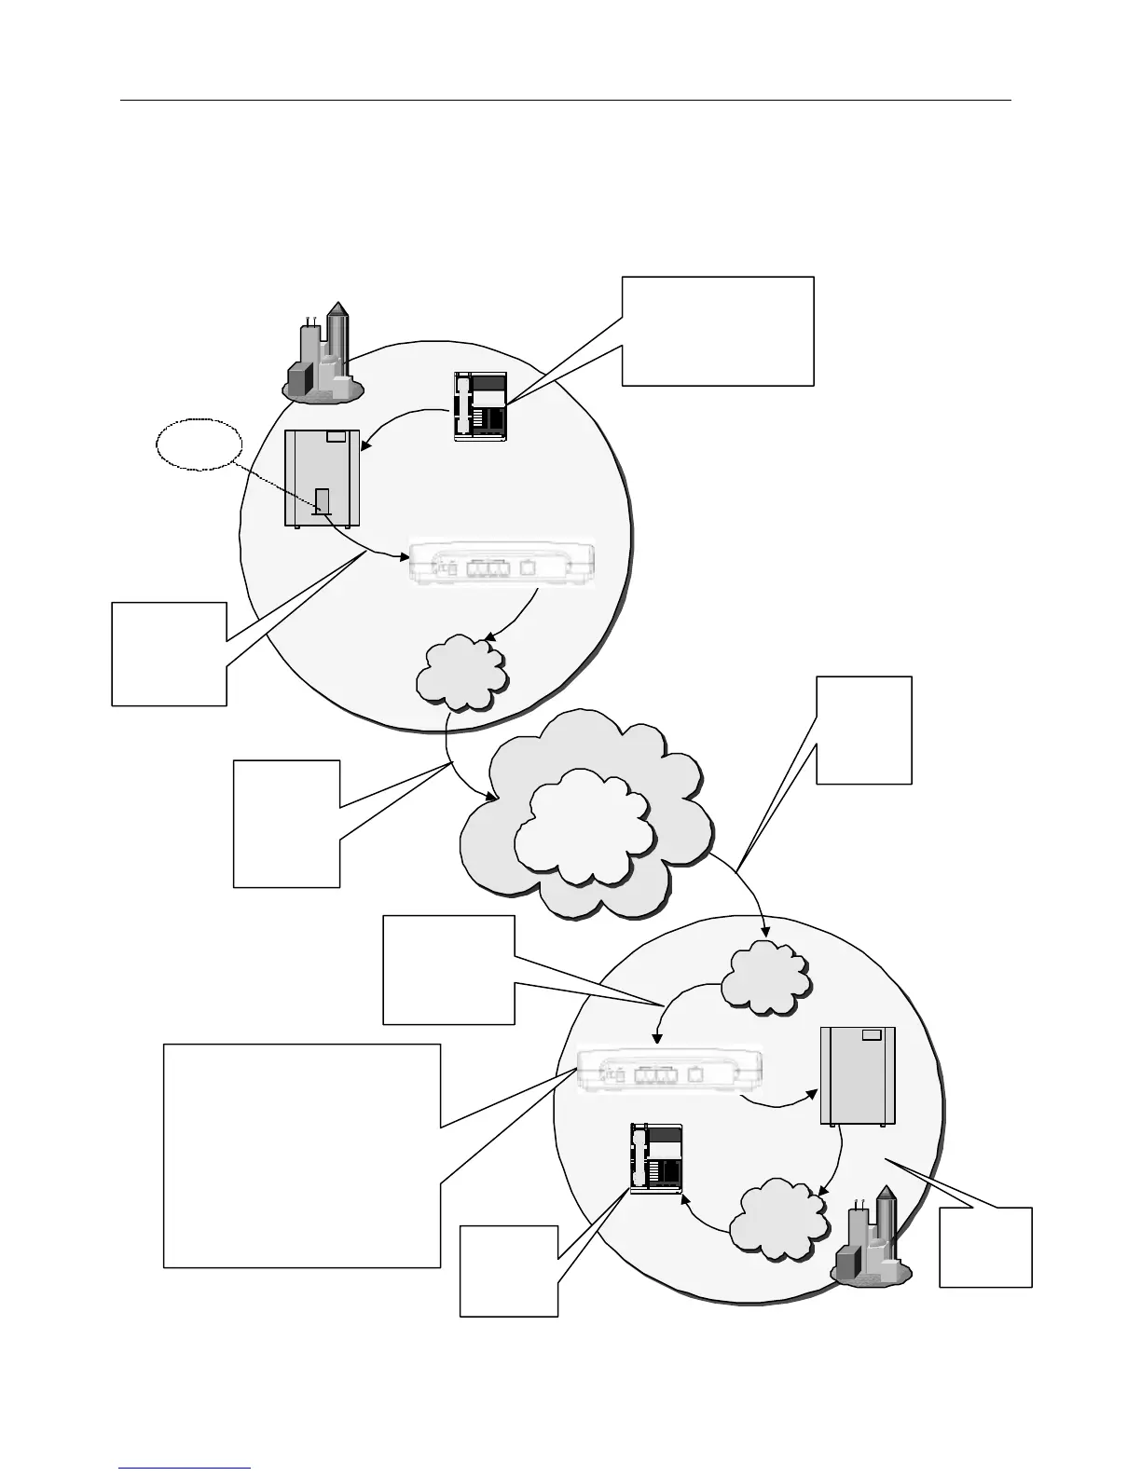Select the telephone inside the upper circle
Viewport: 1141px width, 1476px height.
pyautogui.click(x=480, y=405)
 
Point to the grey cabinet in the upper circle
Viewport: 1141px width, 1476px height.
pyautogui.click(x=322, y=478)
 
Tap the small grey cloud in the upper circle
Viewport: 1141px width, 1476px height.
pyautogui.click(x=463, y=669)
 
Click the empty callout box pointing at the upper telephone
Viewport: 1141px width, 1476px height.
pyautogui.click(x=718, y=330)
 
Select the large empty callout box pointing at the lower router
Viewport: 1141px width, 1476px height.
pyautogui.click(x=301, y=1155)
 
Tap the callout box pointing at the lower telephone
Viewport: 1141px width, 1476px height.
pyautogui.click(x=508, y=1270)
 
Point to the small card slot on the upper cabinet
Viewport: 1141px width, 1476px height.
pyautogui.click(x=323, y=500)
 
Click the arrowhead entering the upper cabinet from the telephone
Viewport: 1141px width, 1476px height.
pyautogui.click(x=367, y=450)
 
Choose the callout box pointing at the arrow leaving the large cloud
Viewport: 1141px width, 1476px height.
pyautogui.click(x=864, y=730)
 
